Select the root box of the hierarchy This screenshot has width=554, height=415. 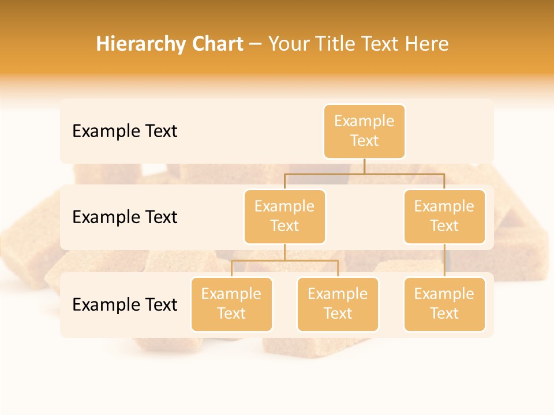pyautogui.click(x=364, y=131)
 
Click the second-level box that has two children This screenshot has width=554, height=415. pyautogui.click(x=285, y=216)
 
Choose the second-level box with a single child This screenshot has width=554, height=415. pyautogui.click(x=444, y=216)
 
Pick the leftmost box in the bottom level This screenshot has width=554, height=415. pyautogui.click(x=231, y=304)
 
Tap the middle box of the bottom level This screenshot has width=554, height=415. pyautogui.click(x=338, y=304)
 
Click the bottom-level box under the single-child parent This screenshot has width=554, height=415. pyautogui.click(x=444, y=304)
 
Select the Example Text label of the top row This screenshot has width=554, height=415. pyautogui.click(x=125, y=131)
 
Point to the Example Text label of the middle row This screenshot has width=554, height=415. pyautogui.click(x=125, y=217)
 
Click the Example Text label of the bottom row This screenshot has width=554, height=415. pyautogui.click(x=125, y=304)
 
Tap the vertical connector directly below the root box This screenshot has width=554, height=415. pyautogui.click(x=364, y=166)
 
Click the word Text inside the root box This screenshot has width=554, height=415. pyautogui.click(x=364, y=141)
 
